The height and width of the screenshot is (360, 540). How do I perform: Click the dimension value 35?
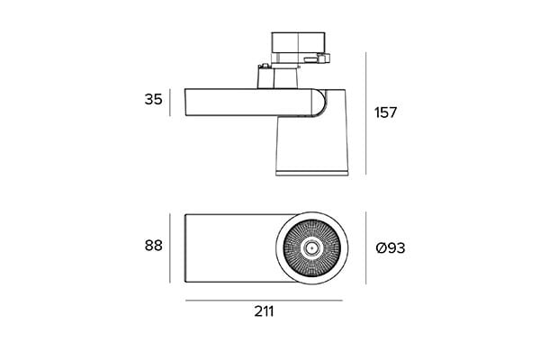pos(153,99)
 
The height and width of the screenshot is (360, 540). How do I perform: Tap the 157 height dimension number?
pos(386,112)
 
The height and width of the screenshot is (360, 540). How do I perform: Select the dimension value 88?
pos(153,246)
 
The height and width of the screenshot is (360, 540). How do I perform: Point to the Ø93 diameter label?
pos(391,247)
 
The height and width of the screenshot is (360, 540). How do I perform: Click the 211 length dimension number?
pos(264,311)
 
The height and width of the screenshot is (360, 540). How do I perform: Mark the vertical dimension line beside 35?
pos(170,103)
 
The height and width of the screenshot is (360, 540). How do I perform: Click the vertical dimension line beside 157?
pos(365,113)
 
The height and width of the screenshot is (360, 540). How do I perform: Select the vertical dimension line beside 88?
pos(170,248)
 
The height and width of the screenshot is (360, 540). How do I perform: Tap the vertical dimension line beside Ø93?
pos(365,248)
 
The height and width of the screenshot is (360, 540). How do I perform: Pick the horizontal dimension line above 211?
pos(264,301)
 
